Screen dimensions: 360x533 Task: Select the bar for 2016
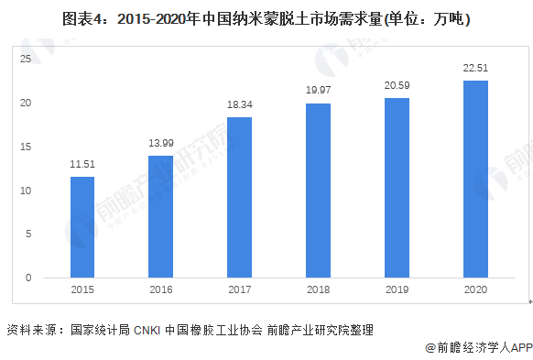tap(160, 216)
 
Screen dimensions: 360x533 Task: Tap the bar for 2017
tap(239, 197)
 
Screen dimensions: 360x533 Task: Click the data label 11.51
tap(82, 165)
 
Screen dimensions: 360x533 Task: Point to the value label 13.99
tap(160, 144)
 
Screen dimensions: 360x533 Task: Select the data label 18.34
tap(239, 105)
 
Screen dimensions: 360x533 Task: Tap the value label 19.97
tap(318, 91)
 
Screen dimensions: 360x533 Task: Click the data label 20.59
tap(397, 85)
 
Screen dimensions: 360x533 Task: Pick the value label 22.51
tap(475, 69)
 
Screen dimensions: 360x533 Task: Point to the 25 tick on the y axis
tap(26, 59)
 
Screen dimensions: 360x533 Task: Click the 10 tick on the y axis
tap(26, 191)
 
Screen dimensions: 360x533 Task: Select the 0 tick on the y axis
tap(28, 278)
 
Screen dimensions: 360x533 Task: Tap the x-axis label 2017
tap(239, 289)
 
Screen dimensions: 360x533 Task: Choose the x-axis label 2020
tap(475, 289)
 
